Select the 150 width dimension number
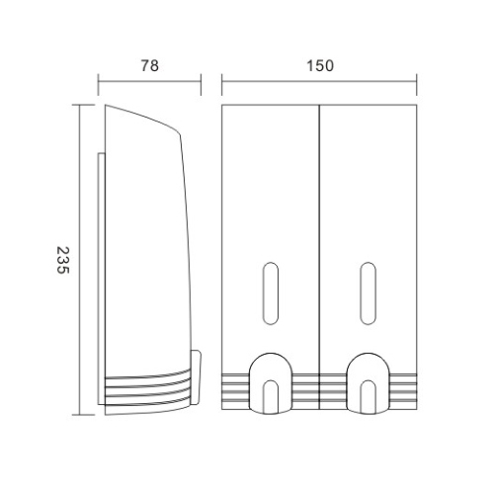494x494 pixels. click(x=320, y=65)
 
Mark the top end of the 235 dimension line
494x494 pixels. click(x=82, y=102)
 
